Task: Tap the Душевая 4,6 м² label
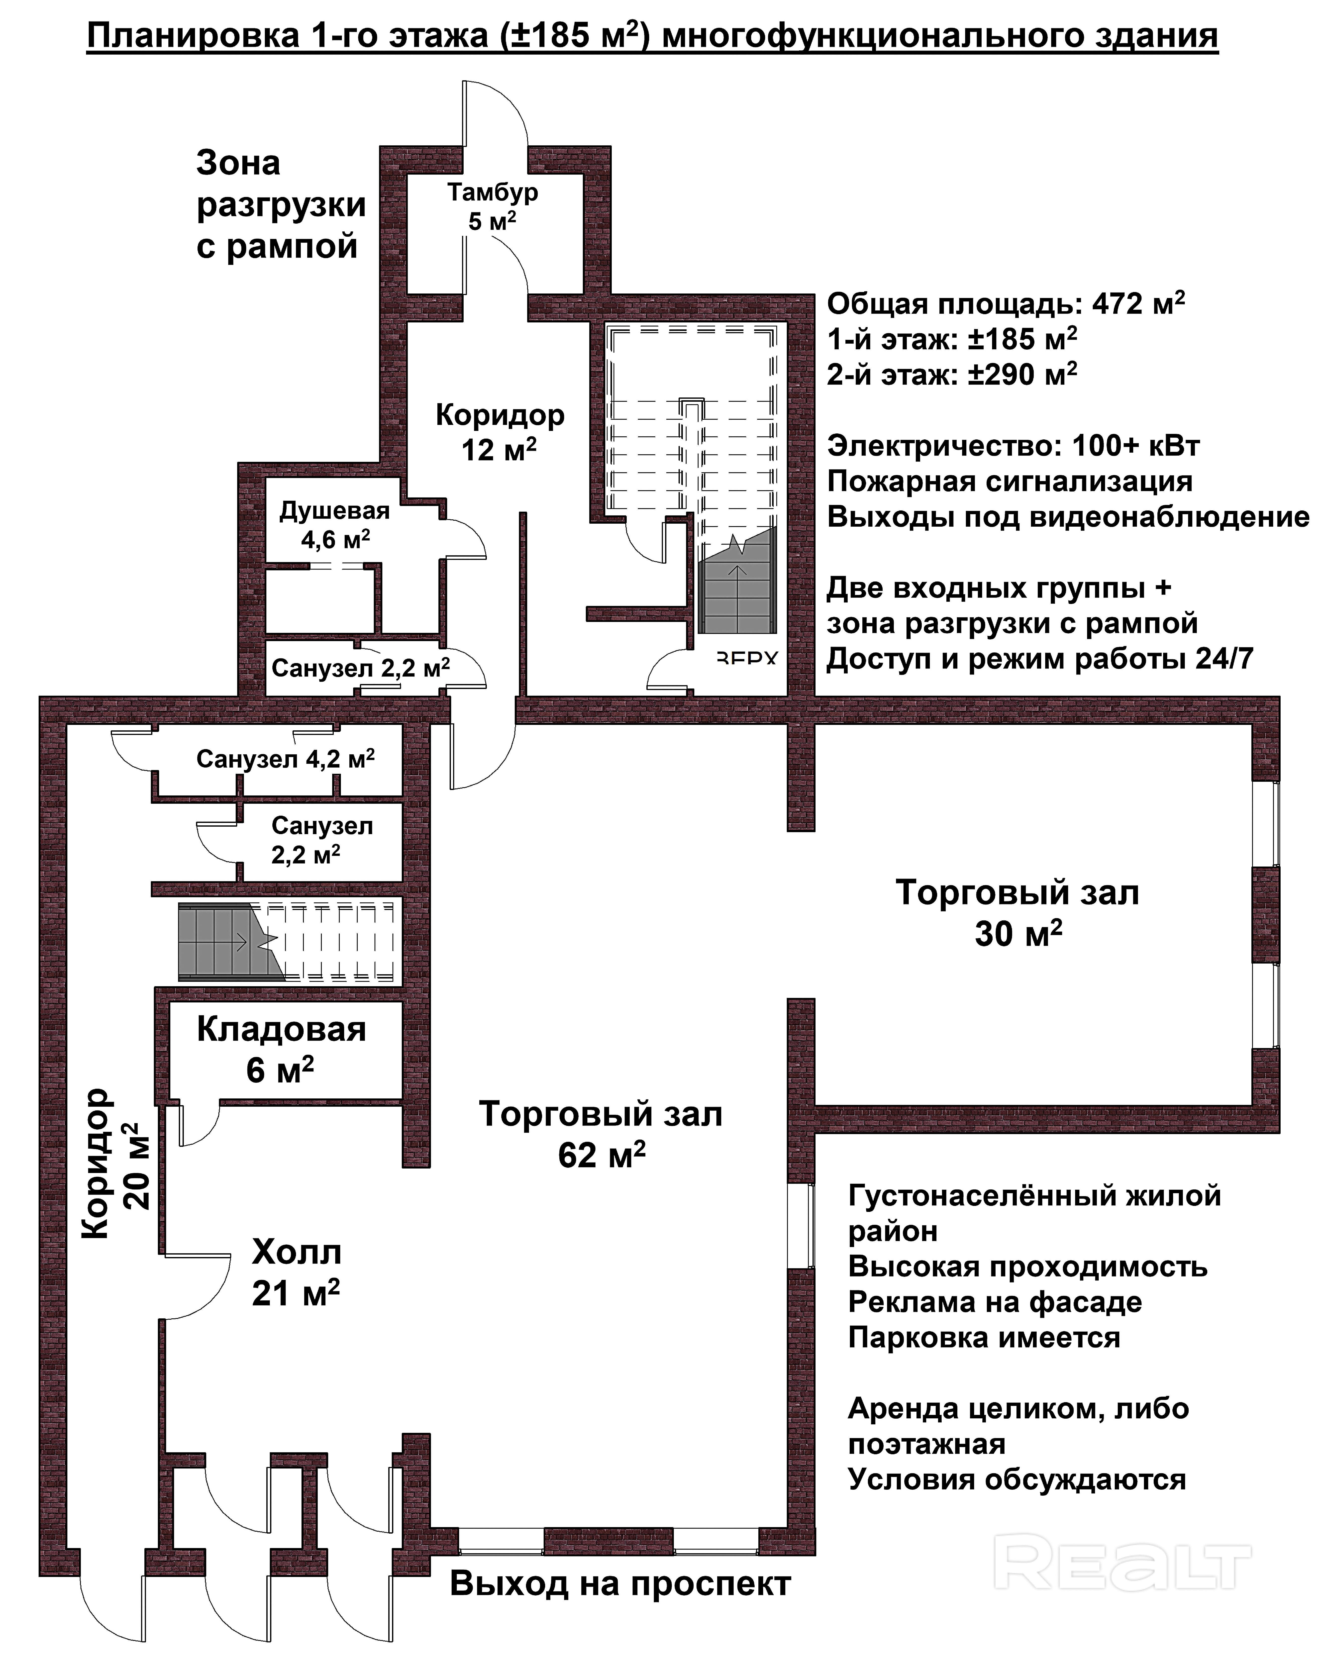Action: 334,525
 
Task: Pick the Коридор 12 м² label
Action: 500,431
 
